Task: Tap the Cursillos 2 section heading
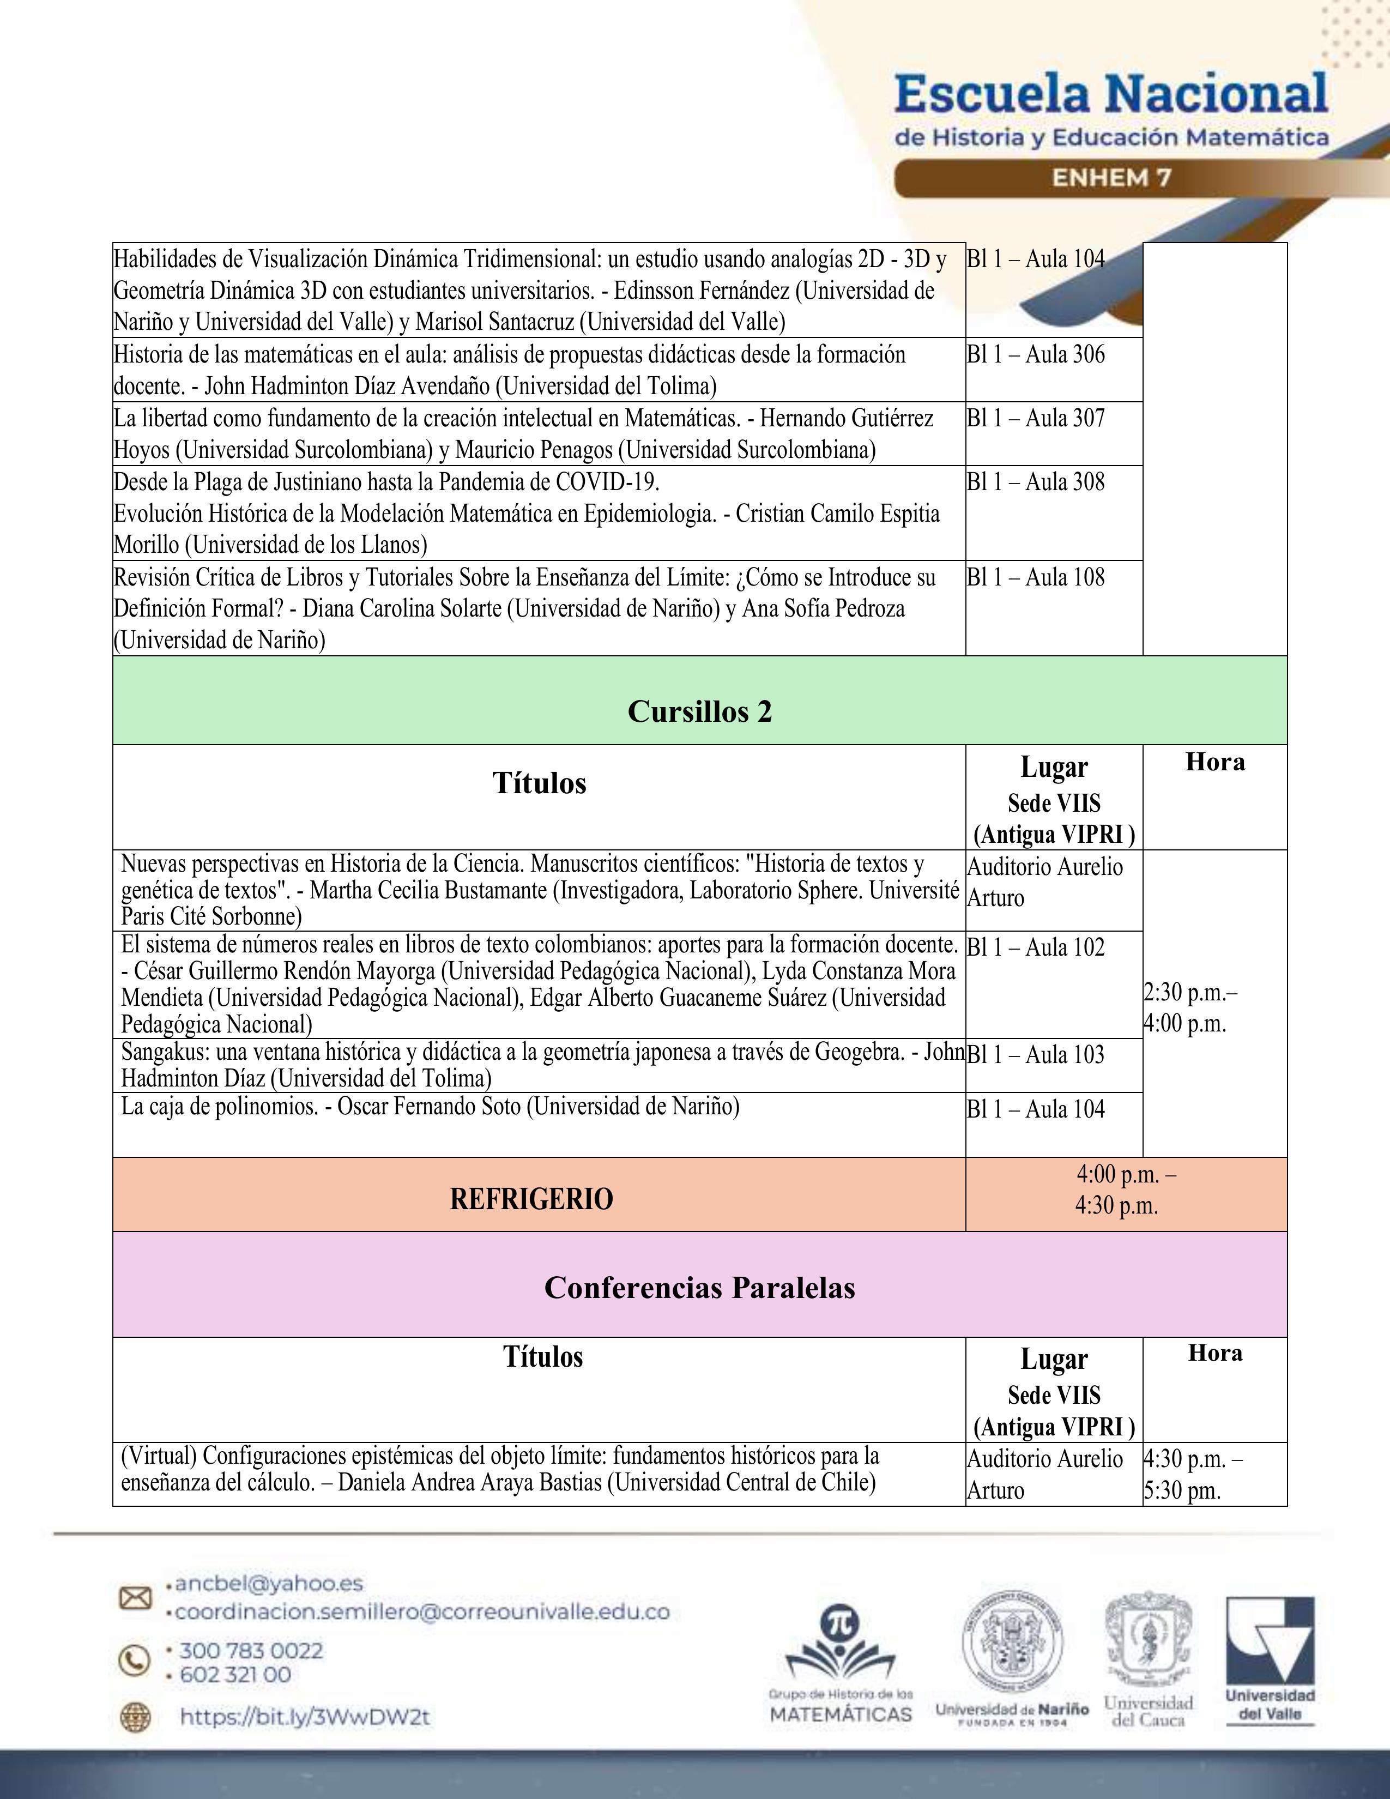699,711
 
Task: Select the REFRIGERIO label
531,1198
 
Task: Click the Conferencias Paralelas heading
699,1288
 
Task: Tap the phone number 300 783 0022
251,1651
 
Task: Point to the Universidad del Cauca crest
1148,1659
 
